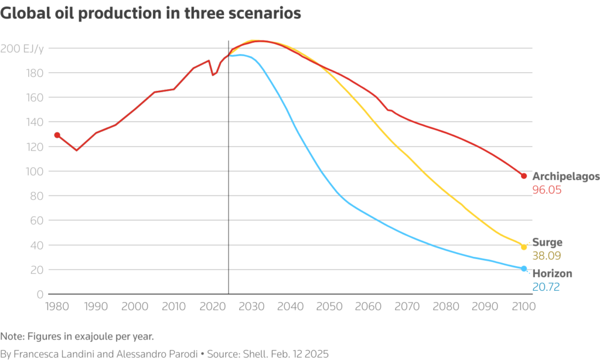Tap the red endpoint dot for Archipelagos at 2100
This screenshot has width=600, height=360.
click(x=524, y=176)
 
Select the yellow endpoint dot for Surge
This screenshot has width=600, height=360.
click(x=524, y=247)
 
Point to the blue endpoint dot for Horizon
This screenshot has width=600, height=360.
click(x=524, y=269)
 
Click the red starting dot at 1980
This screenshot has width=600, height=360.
click(x=57, y=135)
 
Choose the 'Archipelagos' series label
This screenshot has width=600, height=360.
click(x=566, y=176)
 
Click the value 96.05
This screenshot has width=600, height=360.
click(x=547, y=190)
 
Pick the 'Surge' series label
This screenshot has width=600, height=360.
click(x=547, y=242)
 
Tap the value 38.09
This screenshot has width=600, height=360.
click(x=547, y=256)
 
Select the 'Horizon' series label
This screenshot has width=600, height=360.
click(x=552, y=274)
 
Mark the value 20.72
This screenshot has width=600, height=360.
click(x=546, y=287)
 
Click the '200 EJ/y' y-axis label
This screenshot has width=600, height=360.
click(x=22, y=48)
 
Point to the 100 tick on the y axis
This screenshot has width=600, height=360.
click(x=34, y=171)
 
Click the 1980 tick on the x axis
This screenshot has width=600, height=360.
click(x=57, y=306)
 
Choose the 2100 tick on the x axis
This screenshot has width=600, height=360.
click(x=524, y=306)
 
